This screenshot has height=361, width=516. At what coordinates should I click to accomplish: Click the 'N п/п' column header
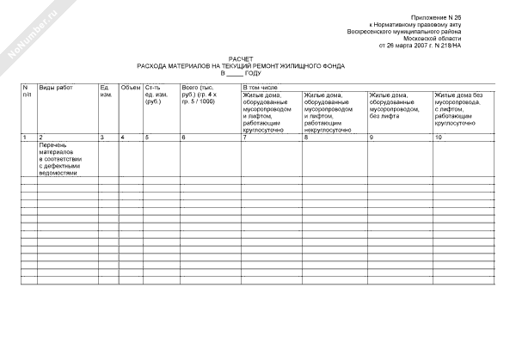tap(27, 92)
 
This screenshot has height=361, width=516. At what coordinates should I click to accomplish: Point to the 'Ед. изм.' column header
tap(106, 92)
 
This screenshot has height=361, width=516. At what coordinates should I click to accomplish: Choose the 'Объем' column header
tap(130, 89)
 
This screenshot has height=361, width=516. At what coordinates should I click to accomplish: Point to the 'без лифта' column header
tap(398, 106)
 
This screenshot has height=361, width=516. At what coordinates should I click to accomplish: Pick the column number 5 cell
tap(147, 138)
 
